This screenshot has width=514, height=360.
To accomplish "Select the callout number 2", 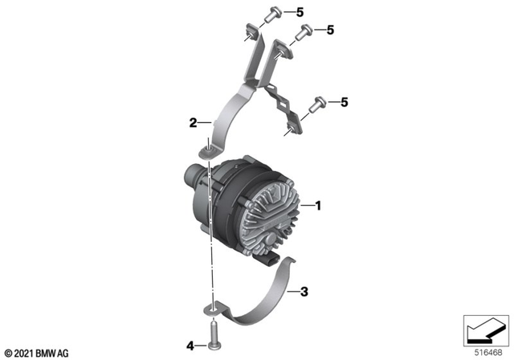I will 194,123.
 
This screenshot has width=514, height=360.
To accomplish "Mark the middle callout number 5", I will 329,30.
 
